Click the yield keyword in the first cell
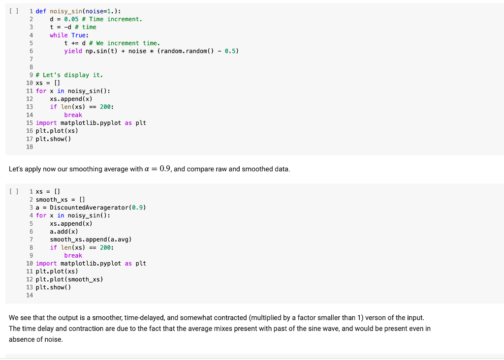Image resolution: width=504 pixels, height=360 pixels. (x=73, y=51)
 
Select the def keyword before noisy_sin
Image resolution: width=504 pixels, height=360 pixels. (x=41, y=11)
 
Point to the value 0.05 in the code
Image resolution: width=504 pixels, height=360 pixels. (x=71, y=19)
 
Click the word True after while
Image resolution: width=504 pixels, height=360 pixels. (x=78, y=35)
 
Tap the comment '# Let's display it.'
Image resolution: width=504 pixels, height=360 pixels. (x=69, y=75)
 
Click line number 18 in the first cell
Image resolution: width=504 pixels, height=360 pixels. (x=30, y=147)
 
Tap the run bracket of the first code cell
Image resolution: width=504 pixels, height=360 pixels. (x=14, y=11)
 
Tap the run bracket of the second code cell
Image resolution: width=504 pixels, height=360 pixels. (x=14, y=192)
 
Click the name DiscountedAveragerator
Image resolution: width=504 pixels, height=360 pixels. (x=89, y=208)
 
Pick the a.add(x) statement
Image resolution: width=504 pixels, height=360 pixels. (x=64, y=232)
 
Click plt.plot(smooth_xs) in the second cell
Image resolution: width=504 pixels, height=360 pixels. (x=69, y=279)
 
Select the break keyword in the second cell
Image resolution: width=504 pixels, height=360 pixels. (x=73, y=256)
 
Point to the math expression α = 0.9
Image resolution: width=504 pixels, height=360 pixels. (x=157, y=169)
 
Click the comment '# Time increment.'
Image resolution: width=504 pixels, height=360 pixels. (x=112, y=19)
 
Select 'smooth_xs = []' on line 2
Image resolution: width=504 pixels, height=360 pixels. (x=60, y=200)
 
